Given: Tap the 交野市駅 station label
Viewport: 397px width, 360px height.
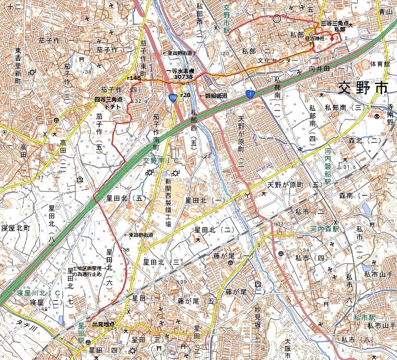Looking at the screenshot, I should click(227, 18).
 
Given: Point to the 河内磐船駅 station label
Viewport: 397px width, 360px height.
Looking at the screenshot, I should click(328, 166).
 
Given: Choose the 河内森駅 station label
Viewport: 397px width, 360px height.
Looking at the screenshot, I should click(324, 229).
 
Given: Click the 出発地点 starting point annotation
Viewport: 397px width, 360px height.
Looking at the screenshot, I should click(103, 324).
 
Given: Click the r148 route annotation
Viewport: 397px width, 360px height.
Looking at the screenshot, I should click(133, 78).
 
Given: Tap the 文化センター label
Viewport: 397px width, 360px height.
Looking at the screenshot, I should click(277, 60).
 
